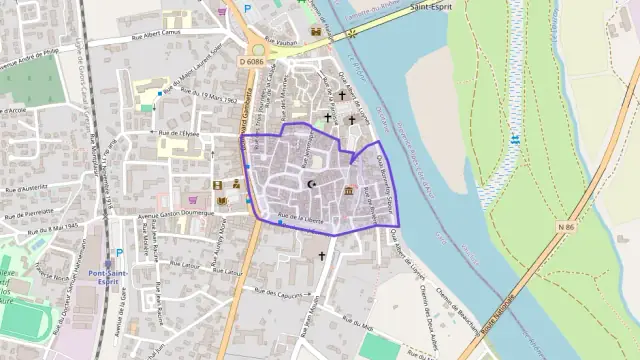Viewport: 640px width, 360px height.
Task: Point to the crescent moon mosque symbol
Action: tap(312, 184)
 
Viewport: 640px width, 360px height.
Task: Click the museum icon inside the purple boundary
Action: tap(347, 191)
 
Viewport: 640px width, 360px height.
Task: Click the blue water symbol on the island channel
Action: tap(515, 138)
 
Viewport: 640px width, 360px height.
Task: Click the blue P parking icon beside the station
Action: tap(120, 253)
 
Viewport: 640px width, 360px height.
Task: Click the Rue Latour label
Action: tap(185, 265)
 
